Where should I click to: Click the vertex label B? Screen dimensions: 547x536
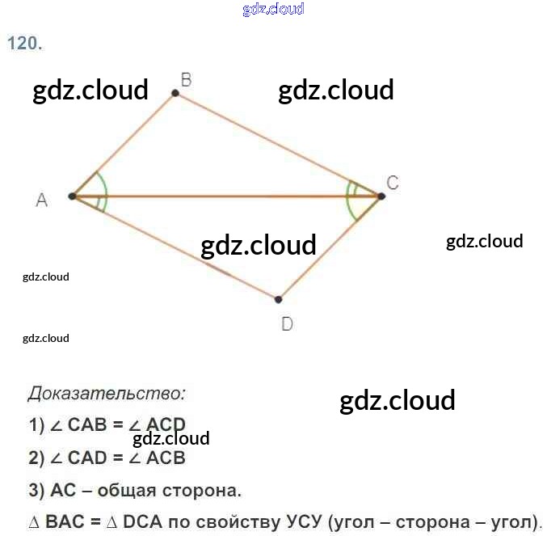pyautogui.click(x=185, y=79)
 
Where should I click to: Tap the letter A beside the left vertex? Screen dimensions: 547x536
pyautogui.click(x=42, y=200)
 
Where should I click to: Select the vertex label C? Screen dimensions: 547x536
pyautogui.click(x=392, y=183)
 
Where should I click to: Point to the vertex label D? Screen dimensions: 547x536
pyautogui.click(x=287, y=324)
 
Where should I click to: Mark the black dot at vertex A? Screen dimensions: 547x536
pyautogui.click(x=73, y=196)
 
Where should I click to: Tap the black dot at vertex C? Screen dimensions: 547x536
pyautogui.click(x=381, y=196)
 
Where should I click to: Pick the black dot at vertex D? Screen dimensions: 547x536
pyautogui.click(x=278, y=299)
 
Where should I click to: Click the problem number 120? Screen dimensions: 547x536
pyautogui.click(x=24, y=44)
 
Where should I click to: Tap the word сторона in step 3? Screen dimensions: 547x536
pyautogui.click(x=202, y=490)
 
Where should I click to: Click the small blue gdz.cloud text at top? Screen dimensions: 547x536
pyautogui.click(x=273, y=9)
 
